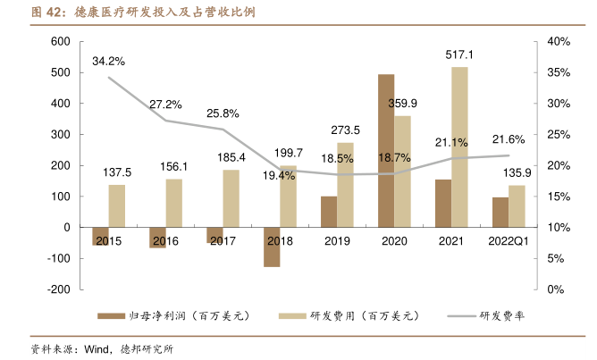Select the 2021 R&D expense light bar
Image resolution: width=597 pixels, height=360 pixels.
click(x=459, y=147)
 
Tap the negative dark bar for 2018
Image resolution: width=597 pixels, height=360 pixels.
click(x=272, y=247)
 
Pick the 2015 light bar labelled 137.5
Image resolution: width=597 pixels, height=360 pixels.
click(x=117, y=205)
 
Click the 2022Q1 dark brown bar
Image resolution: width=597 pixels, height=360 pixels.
click(x=500, y=212)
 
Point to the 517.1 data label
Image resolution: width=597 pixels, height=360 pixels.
click(x=459, y=55)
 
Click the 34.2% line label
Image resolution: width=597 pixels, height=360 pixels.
click(x=108, y=62)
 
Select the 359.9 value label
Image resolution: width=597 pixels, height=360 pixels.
click(x=403, y=104)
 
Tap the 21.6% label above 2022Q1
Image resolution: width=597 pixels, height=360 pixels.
click(x=509, y=139)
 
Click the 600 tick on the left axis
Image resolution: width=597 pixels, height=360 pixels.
click(x=60, y=42)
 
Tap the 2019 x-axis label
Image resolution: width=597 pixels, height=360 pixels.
click(x=337, y=241)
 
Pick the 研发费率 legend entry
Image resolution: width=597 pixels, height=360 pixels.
click(x=500, y=316)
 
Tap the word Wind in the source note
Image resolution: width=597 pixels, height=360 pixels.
click(x=97, y=349)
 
